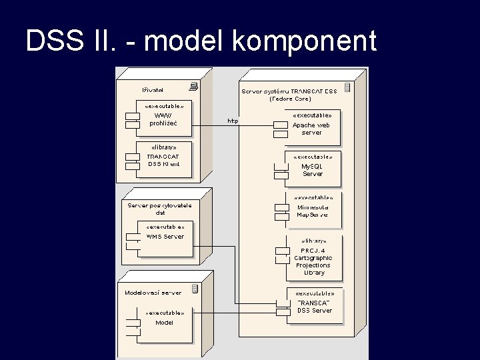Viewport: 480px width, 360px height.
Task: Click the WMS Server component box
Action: (x=164, y=237)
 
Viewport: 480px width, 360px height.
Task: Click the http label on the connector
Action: (x=233, y=121)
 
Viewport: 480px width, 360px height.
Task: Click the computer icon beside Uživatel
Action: (x=193, y=86)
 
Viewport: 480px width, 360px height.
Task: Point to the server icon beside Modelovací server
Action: (x=195, y=289)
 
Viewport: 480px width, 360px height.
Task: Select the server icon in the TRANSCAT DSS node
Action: (x=347, y=87)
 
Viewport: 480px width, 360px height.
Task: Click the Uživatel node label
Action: (x=152, y=89)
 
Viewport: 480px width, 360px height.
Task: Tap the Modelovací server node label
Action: (x=153, y=292)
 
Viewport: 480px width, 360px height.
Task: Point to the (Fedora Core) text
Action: (x=290, y=99)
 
